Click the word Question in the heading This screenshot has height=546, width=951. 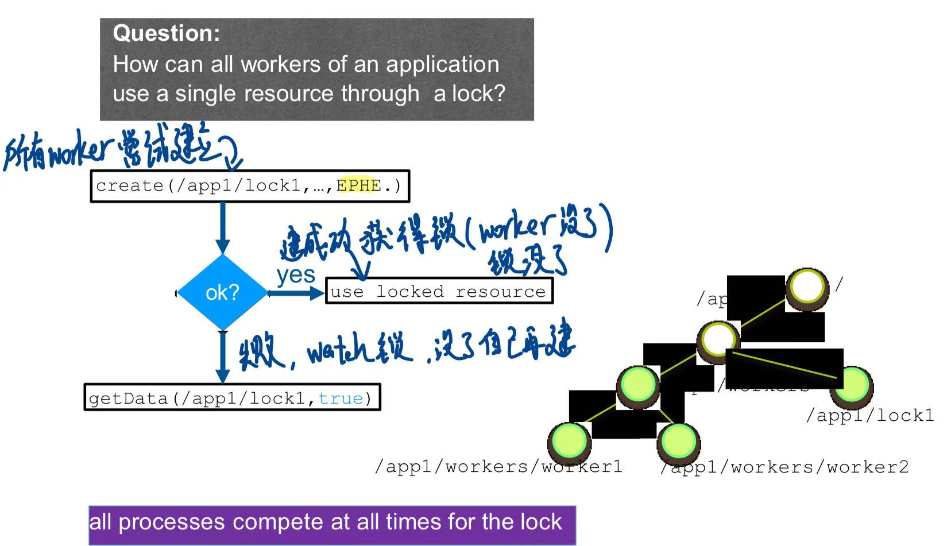click(166, 33)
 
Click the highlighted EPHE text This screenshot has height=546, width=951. click(359, 185)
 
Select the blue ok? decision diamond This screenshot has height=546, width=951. click(222, 293)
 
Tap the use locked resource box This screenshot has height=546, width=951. click(439, 291)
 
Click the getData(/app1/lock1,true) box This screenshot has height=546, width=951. click(232, 398)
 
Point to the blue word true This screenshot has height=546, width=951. click(341, 398)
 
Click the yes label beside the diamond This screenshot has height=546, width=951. click(296, 275)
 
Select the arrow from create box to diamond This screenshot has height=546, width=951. click(223, 228)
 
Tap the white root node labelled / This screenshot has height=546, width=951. click(807, 287)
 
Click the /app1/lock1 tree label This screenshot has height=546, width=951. click(870, 415)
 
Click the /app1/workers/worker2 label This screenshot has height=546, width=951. click(785, 467)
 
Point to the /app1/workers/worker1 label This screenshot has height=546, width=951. click(498, 466)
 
